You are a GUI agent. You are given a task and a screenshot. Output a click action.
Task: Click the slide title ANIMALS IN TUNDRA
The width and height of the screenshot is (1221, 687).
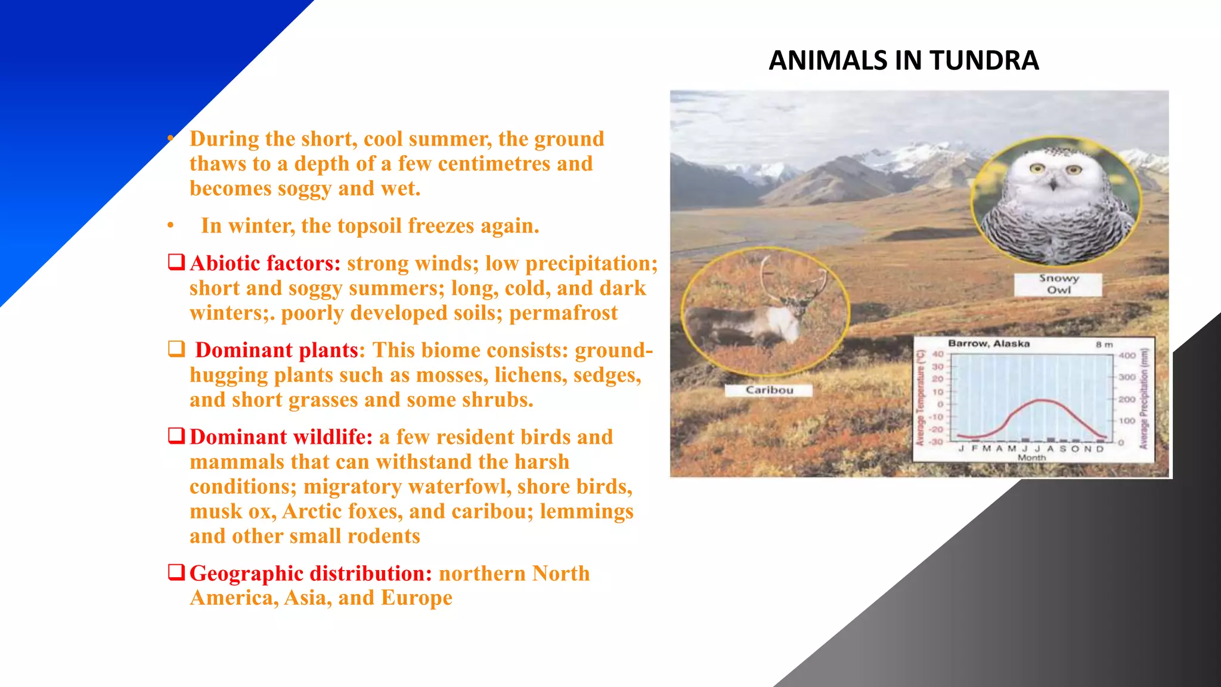(903, 60)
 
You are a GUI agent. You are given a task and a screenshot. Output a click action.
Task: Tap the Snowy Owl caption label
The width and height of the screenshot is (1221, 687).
(1058, 284)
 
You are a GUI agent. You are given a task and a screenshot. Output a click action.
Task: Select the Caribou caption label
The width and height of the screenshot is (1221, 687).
(769, 390)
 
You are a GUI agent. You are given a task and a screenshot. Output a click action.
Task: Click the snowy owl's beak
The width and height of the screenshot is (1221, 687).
(1053, 184)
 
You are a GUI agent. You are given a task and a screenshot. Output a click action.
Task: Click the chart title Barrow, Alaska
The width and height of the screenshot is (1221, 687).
(988, 343)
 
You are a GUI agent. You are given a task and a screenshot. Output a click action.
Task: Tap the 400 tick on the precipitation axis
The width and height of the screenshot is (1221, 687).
(1126, 355)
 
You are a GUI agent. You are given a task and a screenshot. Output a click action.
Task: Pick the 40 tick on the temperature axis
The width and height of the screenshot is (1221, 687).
(938, 354)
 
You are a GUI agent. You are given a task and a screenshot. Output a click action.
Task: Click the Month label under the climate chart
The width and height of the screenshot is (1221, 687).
(1031, 457)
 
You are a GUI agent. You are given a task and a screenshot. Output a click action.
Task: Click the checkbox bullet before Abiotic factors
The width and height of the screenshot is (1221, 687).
(176, 262)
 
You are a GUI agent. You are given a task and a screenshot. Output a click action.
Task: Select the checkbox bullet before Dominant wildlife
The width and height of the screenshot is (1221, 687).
(176, 435)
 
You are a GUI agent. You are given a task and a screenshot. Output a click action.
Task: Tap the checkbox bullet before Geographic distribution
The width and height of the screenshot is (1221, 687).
(176, 572)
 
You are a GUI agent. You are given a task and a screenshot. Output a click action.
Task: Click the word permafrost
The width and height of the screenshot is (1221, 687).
(563, 313)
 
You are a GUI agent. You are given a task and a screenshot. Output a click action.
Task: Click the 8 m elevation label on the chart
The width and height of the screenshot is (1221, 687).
(1104, 345)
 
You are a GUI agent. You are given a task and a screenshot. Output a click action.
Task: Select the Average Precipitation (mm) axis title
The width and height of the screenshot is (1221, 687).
(1143, 398)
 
